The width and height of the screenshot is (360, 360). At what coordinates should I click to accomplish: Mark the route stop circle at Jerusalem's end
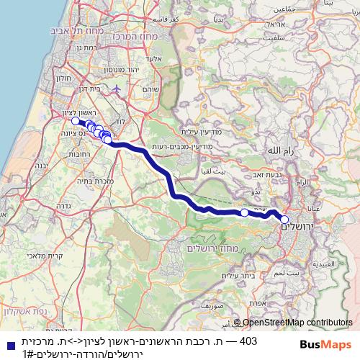(x=284, y=220)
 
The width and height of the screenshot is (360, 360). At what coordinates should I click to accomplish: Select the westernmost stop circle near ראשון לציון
(x=76, y=121)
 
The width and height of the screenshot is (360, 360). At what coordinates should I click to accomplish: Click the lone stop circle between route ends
(x=244, y=212)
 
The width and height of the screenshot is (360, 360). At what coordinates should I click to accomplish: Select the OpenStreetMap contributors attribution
(x=297, y=323)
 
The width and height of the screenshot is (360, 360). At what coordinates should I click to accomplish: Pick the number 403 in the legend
(x=248, y=341)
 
